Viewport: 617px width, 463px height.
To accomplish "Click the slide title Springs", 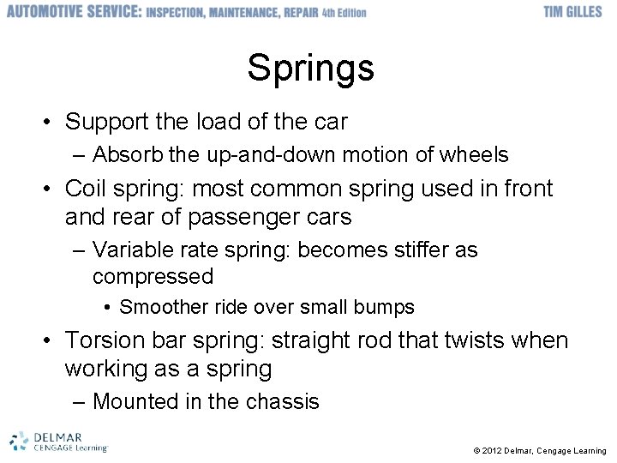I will pyautogui.click(x=310, y=68).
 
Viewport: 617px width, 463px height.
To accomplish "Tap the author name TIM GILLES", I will pyautogui.click(x=572, y=12).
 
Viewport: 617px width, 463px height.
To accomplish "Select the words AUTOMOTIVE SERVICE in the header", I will pyautogui.click(x=73, y=12).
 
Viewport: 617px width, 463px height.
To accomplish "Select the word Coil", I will pyautogui.click(x=85, y=189).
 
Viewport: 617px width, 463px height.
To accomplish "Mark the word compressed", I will pyautogui.click(x=153, y=277).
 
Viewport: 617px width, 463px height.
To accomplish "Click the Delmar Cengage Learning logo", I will pyautogui.click(x=58, y=441).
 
